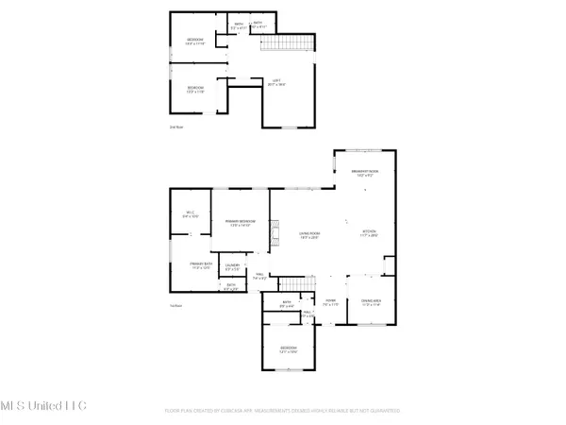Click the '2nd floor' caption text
(x=175, y=126)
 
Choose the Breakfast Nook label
(x=364, y=173)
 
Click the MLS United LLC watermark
(x=43, y=406)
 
